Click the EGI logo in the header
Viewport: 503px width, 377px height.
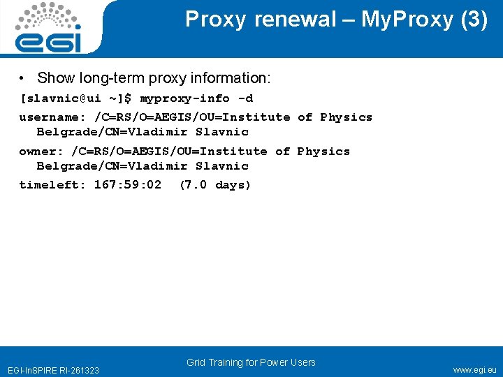click(x=48, y=28)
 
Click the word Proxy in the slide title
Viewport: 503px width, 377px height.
click(x=215, y=20)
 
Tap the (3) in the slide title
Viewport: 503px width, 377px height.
click(x=474, y=20)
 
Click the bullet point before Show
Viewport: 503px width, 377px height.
click(x=24, y=77)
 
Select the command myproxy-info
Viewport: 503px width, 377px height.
click(x=185, y=98)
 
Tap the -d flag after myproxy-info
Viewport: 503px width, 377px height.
click(x=245, y=98)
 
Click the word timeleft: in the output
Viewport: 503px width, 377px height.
click(x=52, y=185)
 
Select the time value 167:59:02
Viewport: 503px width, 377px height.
click(x=127, y=185)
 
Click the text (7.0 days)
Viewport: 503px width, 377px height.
click(x=214, y=185)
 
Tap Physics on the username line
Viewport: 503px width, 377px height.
click(x=346, y=117)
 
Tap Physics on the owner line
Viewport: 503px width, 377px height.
click(x=323, y=151)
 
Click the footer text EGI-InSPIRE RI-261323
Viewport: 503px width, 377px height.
click(x=53, y=369)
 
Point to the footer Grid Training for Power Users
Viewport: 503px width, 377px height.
click(x=251, y=362)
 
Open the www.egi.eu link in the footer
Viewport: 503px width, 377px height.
click(x=474, y=369)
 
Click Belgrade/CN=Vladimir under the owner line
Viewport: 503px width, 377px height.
click(x=112, y=166)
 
